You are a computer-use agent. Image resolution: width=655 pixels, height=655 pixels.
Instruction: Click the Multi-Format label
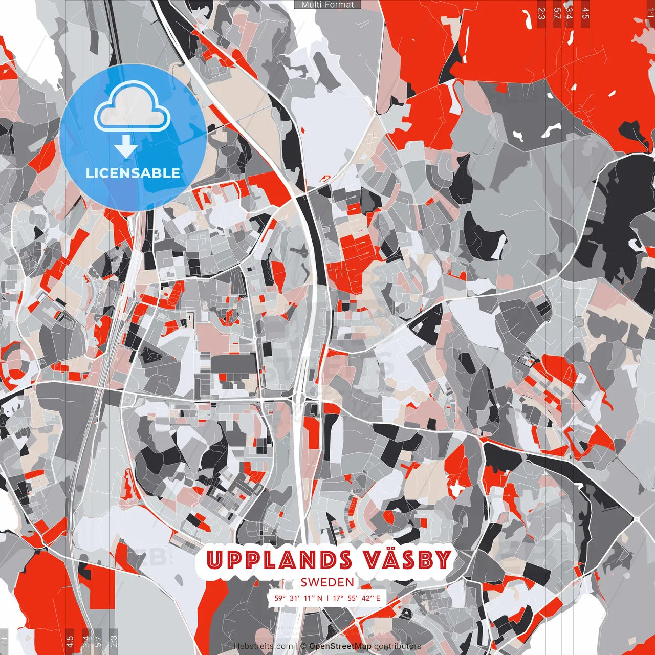click(x=327, y=5)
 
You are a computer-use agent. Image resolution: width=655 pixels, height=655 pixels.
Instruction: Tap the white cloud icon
click(x=133, y=108)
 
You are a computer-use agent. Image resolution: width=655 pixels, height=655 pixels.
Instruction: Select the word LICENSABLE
click(x=133, y=173)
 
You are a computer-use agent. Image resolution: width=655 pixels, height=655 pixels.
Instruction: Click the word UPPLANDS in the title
click(x=279, y=560)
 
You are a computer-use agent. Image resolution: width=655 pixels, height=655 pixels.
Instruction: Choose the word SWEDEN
click(x=327, y=582)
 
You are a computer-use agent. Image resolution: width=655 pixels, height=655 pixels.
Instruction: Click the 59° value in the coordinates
click(x=280, y=598)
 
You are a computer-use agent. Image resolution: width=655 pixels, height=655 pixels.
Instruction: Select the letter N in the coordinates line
click(x=320, y=598)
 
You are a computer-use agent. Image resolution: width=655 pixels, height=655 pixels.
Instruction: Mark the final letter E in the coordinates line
click(x=378, y=598)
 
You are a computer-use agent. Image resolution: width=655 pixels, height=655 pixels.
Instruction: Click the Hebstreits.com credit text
click(x=263, y=646)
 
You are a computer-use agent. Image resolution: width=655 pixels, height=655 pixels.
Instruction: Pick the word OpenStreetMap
click(x=340, y=646)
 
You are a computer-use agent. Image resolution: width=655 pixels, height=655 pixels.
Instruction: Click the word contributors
click(x=398, y=646)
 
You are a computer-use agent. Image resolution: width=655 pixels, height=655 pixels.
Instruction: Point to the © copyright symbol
click(x=303, y=646)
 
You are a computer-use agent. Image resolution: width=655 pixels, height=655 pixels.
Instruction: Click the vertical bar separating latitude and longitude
click(x=327, y=598)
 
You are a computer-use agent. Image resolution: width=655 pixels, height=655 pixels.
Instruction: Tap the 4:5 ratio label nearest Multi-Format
click(x=585, y=13)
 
